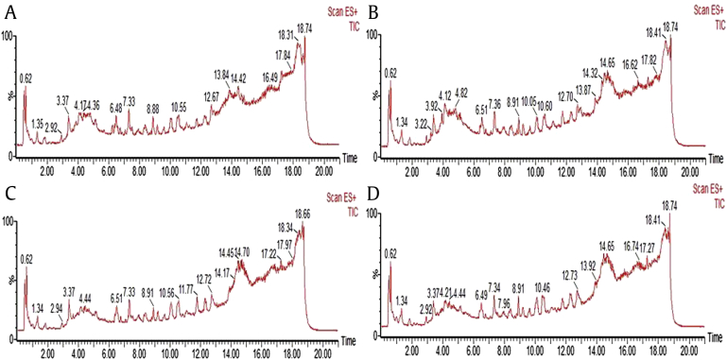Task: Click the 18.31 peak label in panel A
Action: point(286,35)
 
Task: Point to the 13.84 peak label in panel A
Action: point(222,74)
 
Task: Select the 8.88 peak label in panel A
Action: point(153,110)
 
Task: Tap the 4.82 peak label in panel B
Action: point(461,93)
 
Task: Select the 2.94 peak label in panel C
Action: point(57,308)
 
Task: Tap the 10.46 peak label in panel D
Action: point(542,287)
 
